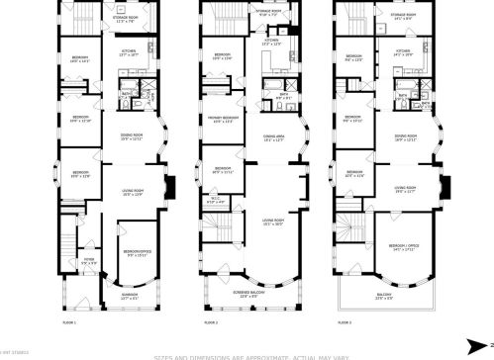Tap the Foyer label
(89, 260)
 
